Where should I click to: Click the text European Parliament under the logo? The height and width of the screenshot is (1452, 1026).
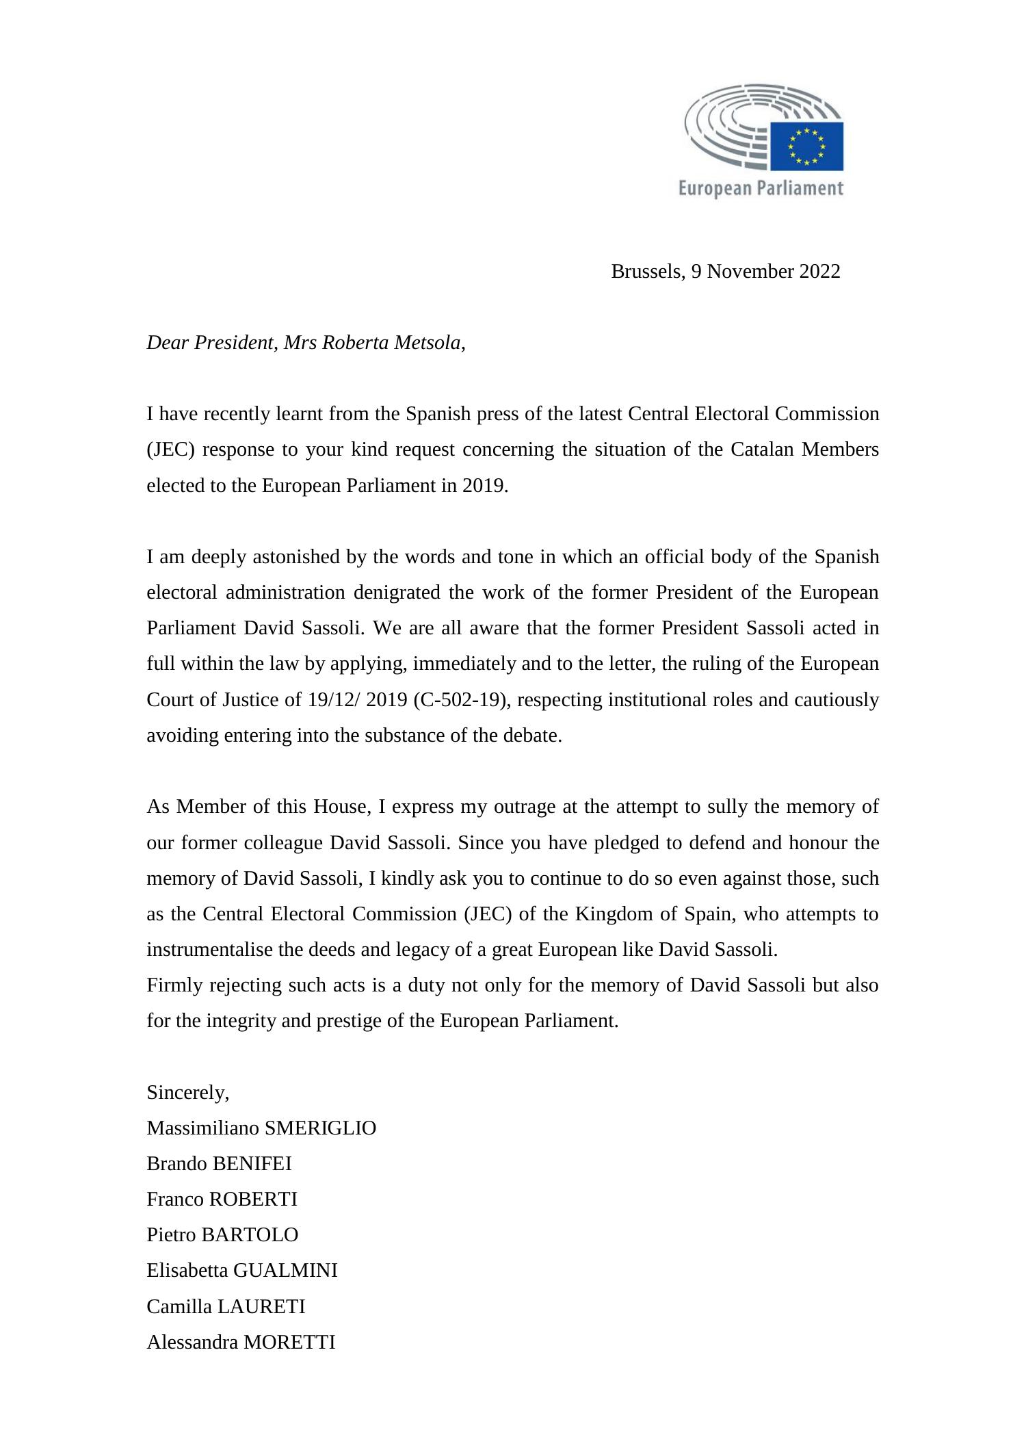coord(760,188)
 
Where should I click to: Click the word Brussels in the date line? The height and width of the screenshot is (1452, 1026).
coord(646,272)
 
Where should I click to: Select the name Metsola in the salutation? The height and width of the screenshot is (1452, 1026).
coord(428,343)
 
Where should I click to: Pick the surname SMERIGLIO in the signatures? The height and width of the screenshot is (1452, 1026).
coord(320,1128)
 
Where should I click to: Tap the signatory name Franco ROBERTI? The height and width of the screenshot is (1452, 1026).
coord(222,1200)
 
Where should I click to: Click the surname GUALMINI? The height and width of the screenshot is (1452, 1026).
coord(285,1271)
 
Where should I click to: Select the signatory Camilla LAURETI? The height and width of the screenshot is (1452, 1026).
coord(226,1307)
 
